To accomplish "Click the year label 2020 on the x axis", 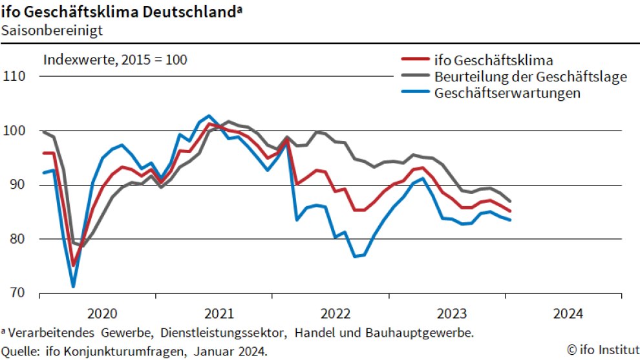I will tap(101, 314).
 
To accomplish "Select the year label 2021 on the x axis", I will tap(219, 314).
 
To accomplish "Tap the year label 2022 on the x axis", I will tap(336, 314).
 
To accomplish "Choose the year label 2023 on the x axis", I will tap(452, 314).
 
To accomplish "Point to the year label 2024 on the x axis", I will tap(568, 314).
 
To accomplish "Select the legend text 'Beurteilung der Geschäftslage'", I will tap(531, 77).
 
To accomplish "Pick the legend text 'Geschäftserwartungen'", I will tap(507, 93).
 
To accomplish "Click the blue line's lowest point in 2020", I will tap(73, 286).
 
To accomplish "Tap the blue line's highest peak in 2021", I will tap(209, 116).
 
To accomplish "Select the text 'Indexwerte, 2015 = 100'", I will tap(115, 61).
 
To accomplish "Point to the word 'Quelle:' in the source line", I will tap(21, 351).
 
